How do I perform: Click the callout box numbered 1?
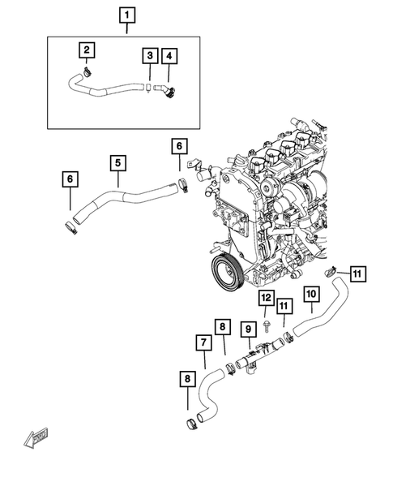[x=126, y=15]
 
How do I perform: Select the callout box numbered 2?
[x=86, y=50]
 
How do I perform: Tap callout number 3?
[x=150, y=55]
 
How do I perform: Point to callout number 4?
[x=169, y=55]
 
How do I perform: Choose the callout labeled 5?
[x=117, y=163]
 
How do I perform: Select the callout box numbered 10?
[x=312, y=294]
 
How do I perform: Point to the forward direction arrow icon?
[x=36, y=439]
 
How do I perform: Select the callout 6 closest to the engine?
[x=180, y=146]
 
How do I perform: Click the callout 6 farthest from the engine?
[x=70, y=179]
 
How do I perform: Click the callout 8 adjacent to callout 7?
[x=224, y=328]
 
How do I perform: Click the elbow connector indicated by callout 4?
[x=167, y=93]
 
